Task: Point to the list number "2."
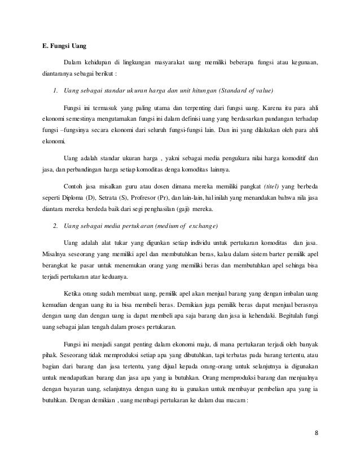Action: pos(55,226)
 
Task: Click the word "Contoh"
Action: pos(73,189)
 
